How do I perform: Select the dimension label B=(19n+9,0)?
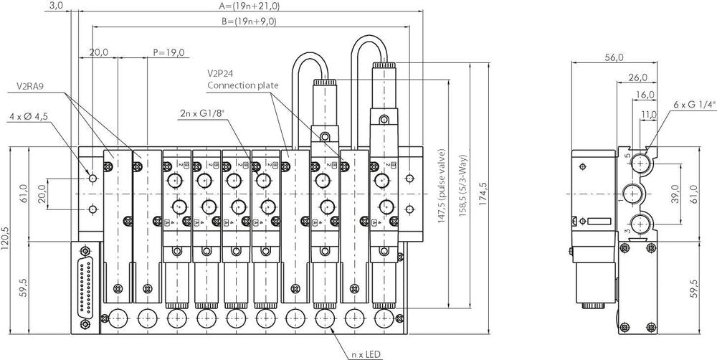[x=249, y=22]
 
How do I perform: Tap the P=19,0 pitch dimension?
[x=169, y=52]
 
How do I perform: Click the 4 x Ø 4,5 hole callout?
[x=34, y=115]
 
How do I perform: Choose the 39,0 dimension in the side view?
[x=675, y=195]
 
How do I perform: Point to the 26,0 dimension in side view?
[x=637, y=77]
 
